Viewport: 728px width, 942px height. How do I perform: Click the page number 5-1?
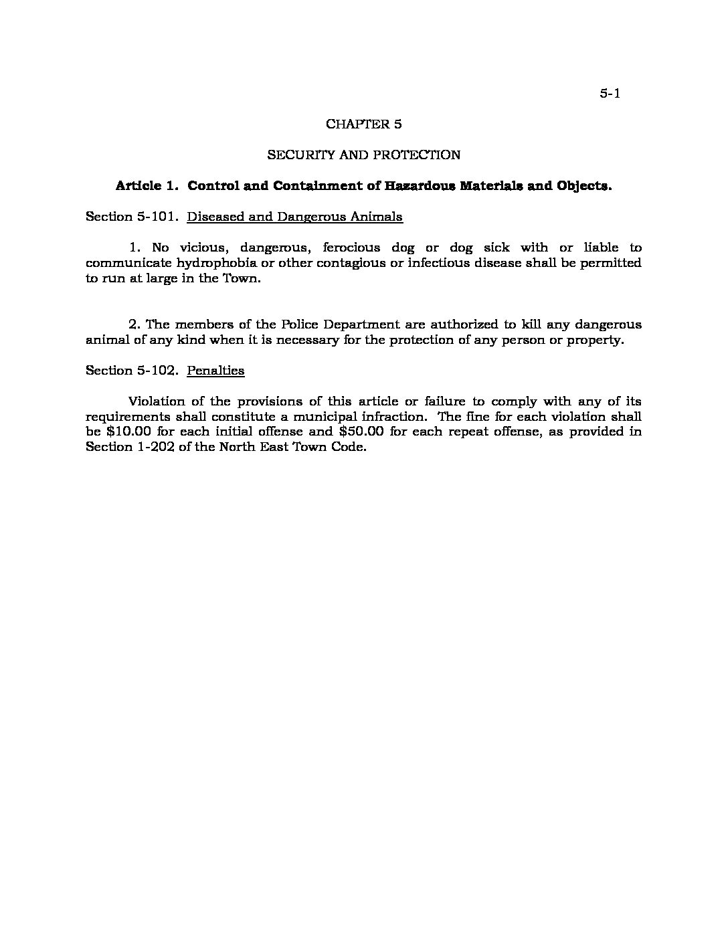tap(610, 94)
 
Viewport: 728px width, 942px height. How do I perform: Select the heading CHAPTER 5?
tap(363, 124)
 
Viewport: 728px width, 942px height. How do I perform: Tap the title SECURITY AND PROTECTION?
tap(363, 155)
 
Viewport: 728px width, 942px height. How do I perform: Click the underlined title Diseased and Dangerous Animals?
tap(294, 216)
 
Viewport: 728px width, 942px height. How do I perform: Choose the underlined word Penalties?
tap(215, 370)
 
